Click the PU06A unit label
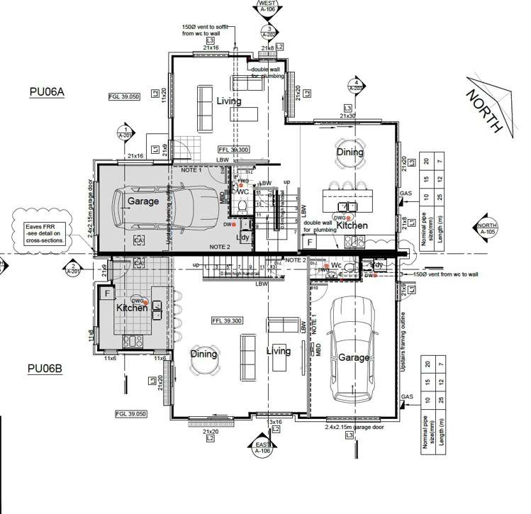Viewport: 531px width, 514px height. (47, 91)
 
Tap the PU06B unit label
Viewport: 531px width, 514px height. (47, 369)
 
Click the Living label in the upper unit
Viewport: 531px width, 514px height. (228, 101)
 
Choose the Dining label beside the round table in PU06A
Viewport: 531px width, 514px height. (350, 152)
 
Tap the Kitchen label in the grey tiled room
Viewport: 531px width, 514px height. (131, 308)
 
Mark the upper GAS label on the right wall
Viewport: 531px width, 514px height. (406, 193)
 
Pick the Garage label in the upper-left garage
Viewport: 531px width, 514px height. (143, 201)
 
